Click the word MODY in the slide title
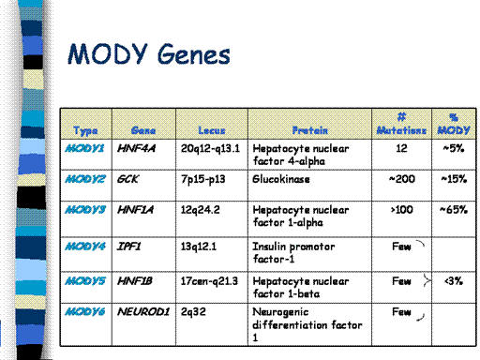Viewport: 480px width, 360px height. pyautogui.click(x=108, y=53)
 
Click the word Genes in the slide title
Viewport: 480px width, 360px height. pyautogui.click(x=194, y=54)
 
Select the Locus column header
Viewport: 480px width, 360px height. pyautogui.click(x=212, y=130)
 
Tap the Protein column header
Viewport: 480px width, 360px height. pyautogui.click(x=309, y=130)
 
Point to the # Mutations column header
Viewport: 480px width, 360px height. pyautogui.click(x=401, y=124)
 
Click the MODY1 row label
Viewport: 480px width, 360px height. pyautogui.click(x=84, y=148)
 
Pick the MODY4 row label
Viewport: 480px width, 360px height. pyautogui.click(x=85, y=247)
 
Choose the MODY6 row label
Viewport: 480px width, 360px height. pyautogui.click(x=85, y=311)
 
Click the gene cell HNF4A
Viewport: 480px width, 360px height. pyautogui.click(x=136, y=148)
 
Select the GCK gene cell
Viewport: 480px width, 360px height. pyautogui.click(x=127, y=179)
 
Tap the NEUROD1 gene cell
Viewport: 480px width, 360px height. pyautogui.click(x=143, y=311)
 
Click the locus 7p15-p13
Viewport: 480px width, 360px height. pyautogui.click(x=202, y=179)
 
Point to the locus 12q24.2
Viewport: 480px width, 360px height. pyautogui.click(x=201, y=210)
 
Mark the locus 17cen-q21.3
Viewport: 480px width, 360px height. pyautogui.click(x=209, y=281)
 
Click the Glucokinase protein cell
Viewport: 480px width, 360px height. pyautogui.click(x=281, y=179)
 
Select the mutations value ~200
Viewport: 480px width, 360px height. pyautogui.click(x=402, y=179)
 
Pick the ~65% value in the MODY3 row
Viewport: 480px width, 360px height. pyautogui.click(x=454, y=210)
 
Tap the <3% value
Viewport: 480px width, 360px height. pyautogui.click(x=454, y=281)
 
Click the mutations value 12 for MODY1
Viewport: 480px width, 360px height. pyautogui.click(x=401, y=148)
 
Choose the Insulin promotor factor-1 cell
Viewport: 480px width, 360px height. pyautogui.click(x=293, y=253)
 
